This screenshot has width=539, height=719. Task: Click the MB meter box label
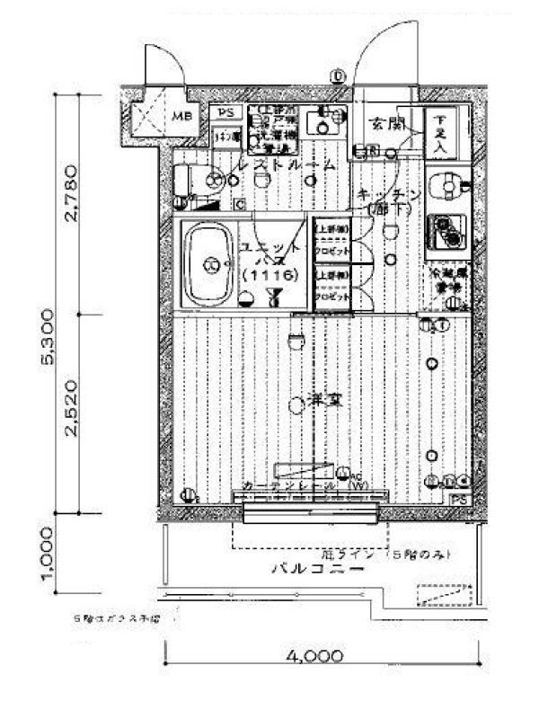[181, 115]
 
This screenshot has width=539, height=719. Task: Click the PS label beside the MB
[225, 112]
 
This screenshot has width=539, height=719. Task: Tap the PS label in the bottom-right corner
[458, 498]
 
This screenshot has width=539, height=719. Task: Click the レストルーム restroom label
[285, 165]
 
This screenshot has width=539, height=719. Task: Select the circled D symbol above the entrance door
[338, 76]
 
